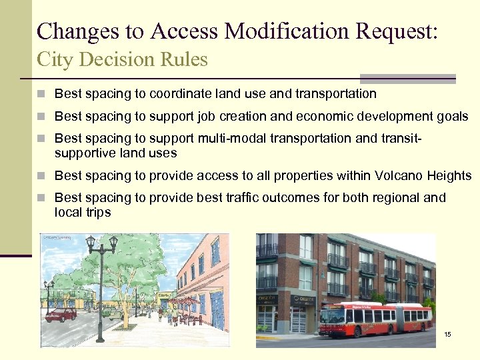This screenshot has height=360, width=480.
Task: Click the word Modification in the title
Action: point(287,31)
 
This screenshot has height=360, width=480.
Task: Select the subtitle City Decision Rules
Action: point(122,59)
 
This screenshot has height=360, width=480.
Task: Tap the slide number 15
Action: point(447,334)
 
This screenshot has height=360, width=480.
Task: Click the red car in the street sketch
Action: point(61,314)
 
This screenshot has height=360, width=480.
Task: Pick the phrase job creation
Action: point(226,117)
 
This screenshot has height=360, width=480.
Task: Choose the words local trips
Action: point(83,213)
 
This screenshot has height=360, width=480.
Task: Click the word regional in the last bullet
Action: point(399,198)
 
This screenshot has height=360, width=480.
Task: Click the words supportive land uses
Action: point(115,153)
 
